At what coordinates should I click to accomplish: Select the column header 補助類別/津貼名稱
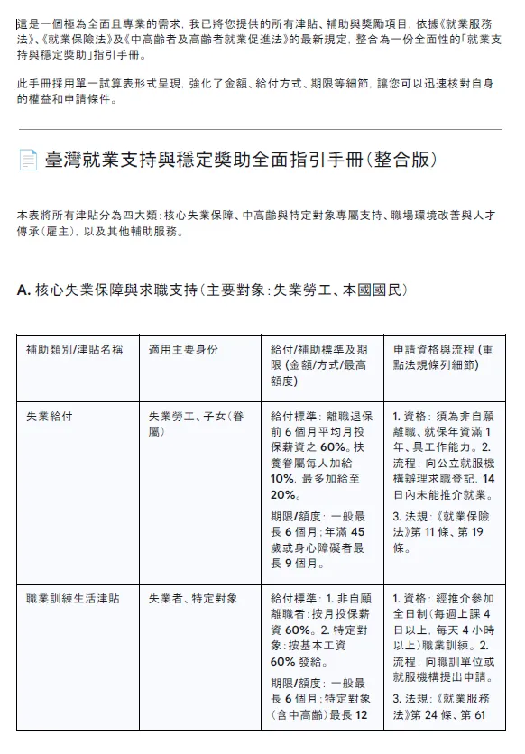coord(74,349)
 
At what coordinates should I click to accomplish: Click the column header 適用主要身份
coord(183,349)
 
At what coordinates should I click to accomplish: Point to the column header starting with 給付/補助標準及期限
coord(319,364)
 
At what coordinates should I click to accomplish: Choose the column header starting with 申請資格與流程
coord(442,356)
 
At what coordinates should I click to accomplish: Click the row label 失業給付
coord(51,418)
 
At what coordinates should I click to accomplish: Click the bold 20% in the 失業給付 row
coord(283,495)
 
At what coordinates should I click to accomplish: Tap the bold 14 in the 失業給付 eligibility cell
coord(489,477)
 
